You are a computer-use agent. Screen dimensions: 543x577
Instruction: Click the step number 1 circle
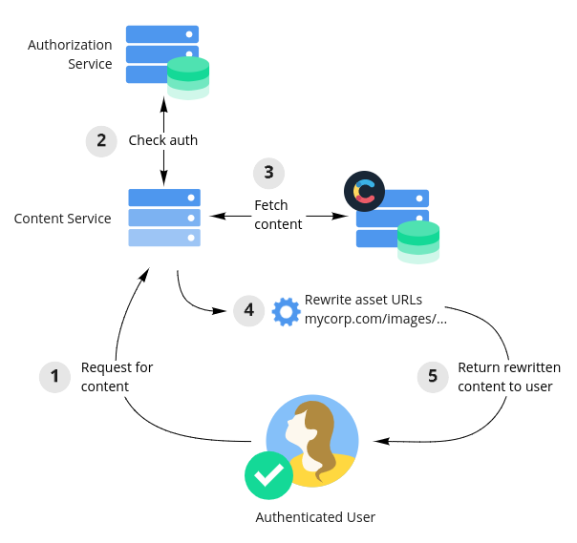[x=54, y=377]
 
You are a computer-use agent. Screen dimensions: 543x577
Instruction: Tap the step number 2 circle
[x=101, y=140]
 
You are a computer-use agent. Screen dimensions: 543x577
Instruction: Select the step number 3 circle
[x=268, y=173]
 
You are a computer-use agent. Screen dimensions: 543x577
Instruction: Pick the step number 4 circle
[x=248, y=310]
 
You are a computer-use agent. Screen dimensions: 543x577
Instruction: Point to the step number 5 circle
[x=433, y=377]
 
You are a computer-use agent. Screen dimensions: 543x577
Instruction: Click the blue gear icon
[x=286, y=311]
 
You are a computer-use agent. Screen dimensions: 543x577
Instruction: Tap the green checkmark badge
[x=268, y=474]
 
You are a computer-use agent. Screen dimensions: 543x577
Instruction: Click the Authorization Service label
[x=70, y=54]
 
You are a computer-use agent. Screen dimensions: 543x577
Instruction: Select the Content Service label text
[x=62, y=219]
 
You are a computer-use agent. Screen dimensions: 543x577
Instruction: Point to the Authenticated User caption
[x=315, y=517]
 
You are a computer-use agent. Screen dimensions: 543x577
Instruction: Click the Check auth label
[x=163, y=140]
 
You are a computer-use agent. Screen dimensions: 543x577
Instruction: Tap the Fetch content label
[x=278, y=215]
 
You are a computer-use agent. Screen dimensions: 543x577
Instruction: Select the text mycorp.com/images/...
[x=375, y=320]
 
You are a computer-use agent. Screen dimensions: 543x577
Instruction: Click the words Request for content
[x=117, y=377]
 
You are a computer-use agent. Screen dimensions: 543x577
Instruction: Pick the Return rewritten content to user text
[x=508, y=377]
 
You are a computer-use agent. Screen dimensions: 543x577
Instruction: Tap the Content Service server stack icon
[x=164, y=218]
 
